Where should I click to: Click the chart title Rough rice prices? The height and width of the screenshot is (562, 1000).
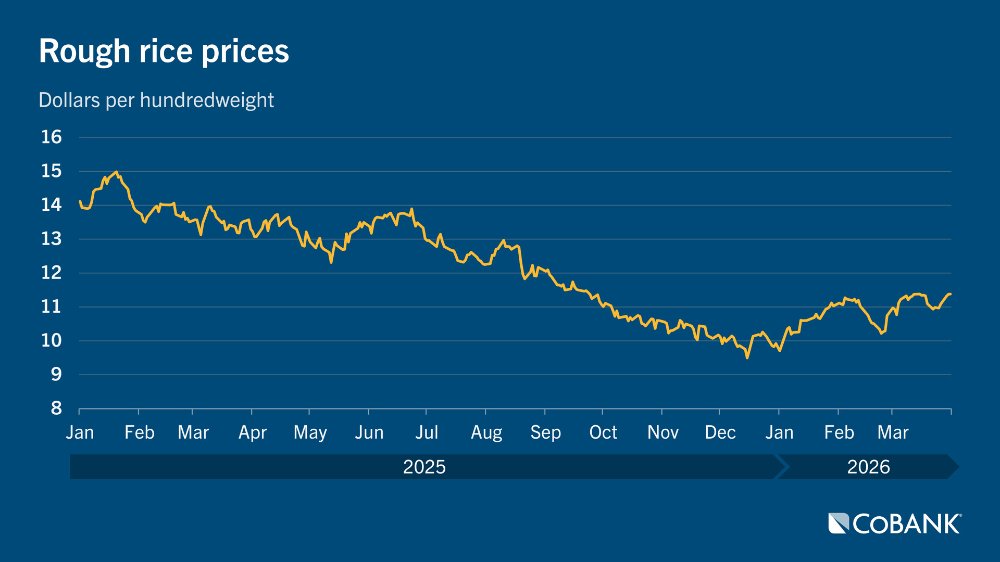(164, 51)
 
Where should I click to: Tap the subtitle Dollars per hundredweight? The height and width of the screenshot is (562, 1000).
(156, 100)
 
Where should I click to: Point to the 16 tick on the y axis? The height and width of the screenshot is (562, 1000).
(52, 137)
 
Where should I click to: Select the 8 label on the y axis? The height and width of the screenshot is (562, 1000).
(56, 408)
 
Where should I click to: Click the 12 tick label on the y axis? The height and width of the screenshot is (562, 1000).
(52, 272)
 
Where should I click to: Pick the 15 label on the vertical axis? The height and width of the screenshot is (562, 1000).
(52, 171)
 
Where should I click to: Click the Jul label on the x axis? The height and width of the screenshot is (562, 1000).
(426, 432)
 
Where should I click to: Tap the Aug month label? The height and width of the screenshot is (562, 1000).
(486, 432)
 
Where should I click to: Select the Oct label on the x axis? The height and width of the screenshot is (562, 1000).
(603, 432)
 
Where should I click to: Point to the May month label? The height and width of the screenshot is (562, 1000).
(310, 432)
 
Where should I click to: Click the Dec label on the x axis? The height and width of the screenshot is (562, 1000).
(720, 432)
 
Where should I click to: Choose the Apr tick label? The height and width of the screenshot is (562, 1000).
(252, 432)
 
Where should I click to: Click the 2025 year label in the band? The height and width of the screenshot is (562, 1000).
(424, 467)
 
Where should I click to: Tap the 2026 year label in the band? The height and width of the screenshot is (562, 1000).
(868, 467)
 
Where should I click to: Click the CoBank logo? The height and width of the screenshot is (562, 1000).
(894, 523)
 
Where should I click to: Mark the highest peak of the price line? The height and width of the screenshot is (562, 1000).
(116, 172)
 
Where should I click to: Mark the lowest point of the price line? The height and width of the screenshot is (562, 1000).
(747, 357)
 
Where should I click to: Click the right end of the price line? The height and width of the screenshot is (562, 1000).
(951, 295)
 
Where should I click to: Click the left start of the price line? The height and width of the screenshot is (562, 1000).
(80, 201)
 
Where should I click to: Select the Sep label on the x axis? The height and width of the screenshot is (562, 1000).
(545, 432)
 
